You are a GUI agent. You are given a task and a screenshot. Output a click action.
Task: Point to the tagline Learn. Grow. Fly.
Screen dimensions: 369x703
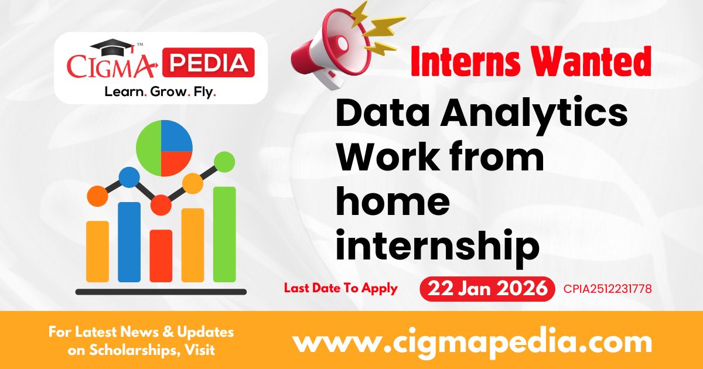tap(160, 91)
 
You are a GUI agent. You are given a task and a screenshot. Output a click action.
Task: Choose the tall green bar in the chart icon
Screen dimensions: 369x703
tap(224, 234)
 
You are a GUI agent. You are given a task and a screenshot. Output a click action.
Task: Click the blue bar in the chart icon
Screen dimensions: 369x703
tap(129, 241)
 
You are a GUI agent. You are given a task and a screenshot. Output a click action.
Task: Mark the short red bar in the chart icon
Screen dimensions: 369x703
tap(161, 255)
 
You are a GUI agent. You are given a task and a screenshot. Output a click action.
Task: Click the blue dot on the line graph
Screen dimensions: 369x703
tap(129, 176)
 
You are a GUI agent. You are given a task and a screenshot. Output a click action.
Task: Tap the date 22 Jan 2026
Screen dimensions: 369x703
tap(487, 289)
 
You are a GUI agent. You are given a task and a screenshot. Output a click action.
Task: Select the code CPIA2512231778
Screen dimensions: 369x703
tap(608, 289)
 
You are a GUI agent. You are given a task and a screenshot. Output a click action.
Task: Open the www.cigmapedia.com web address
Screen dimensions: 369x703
tap(472, 341)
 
